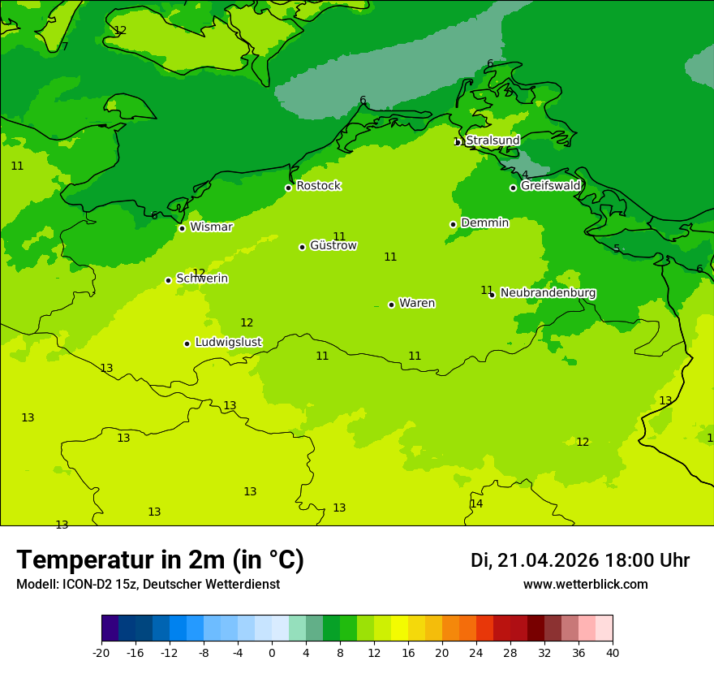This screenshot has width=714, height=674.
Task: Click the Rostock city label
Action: tap(318, 186)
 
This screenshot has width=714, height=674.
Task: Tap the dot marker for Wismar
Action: tap(182, 228)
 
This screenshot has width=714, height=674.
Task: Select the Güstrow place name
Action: tap(333, 245)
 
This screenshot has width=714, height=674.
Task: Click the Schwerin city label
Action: tap(202, 279)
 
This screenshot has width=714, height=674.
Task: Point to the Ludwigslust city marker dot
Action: tap(187, 343)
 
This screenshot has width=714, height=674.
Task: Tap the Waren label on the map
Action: tap(417, 303)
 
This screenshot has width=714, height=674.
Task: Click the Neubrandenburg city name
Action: tap(548, 292)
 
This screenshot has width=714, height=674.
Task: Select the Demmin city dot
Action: tap(453, 224)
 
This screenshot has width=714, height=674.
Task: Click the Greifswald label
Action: tap(550, 186)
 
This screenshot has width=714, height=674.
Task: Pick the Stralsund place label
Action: tap(492, 140)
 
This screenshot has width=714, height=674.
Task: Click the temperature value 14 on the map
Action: tap(476, 503)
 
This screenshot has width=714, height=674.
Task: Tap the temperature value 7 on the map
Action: tap(65, 46)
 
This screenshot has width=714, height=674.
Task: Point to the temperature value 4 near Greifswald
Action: tap(525, 175)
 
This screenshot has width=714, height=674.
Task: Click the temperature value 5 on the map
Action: tap(617, 248)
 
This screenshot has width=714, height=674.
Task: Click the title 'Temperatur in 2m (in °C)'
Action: tap(160, 560)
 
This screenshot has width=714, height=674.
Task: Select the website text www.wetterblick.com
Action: tap(585, 584)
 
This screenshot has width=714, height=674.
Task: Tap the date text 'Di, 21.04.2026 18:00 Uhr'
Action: tap(579, 560)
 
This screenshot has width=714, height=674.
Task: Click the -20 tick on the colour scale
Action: tap(101, 652)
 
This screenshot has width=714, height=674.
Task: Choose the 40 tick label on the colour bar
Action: tap(612, 652)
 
